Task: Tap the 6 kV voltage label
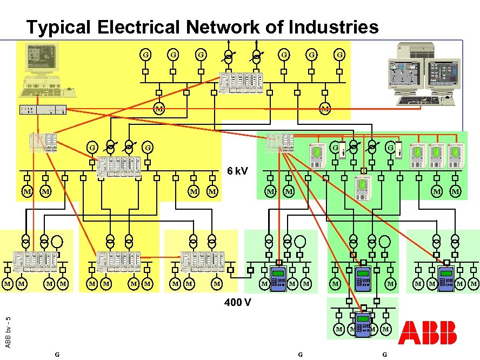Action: (237, 171)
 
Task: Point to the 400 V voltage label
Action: (238, 302)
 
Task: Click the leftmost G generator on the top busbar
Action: (145, 55)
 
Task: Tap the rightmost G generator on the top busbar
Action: (339, 55)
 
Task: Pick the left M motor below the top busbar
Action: (159, 109)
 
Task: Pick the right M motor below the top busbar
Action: (325, 109)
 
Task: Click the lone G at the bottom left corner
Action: (57, 355)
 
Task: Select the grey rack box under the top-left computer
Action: (43, 109)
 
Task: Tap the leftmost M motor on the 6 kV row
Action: (26, 191)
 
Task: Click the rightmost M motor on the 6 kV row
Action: (455, 191)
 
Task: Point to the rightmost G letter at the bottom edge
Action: (384, 355)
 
